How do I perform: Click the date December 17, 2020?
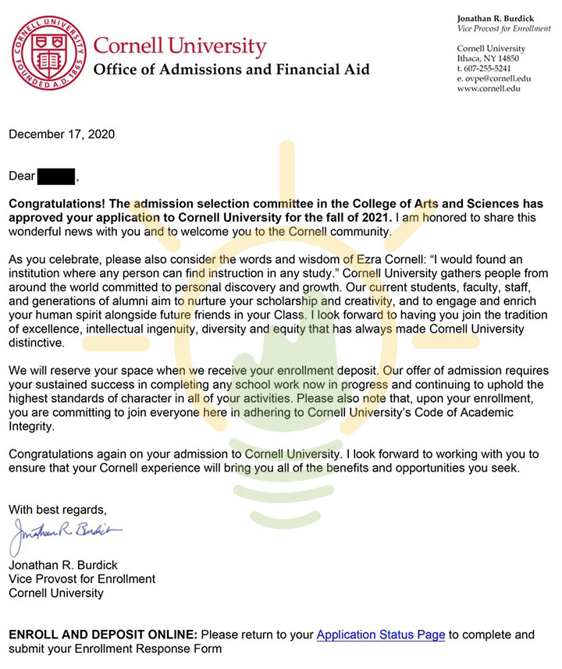click(x=62, y=134)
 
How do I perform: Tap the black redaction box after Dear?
click(x=56, y=176)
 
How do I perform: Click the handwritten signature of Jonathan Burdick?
click(x=66, y=533)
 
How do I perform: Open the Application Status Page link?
click(x=380, y=635)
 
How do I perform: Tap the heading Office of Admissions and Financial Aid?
click(x=231, y=69)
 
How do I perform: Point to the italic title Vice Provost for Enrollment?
click(x=504, y=29)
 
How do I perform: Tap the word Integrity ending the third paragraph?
click(x=32, y=427)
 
